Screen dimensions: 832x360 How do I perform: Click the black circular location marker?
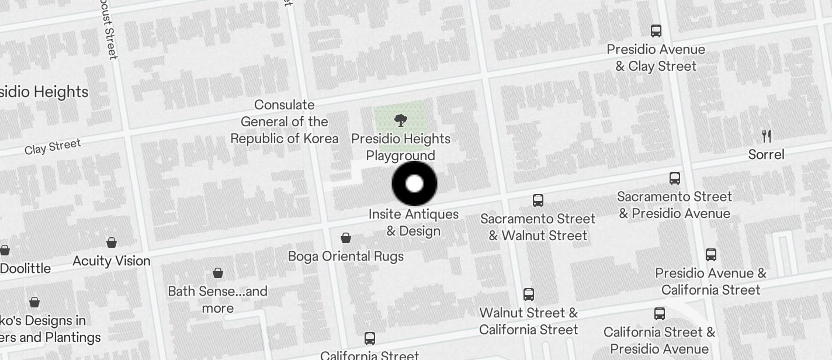(x=414, y=184)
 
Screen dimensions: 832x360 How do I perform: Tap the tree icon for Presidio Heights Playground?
(x=400, y=121)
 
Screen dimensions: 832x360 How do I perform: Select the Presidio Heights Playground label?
(x=401, y=147)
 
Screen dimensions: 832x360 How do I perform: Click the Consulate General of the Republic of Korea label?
(x=285, y=122)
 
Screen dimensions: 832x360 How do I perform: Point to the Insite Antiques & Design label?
(x=414, y=223)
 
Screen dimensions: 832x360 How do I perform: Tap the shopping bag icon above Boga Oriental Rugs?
(x=346, y=238)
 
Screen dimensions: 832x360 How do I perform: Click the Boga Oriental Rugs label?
(x=346, y=256)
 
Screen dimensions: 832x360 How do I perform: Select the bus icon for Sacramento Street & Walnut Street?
(x=538, y=200)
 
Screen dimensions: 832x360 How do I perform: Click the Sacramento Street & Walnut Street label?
(x=538, y=227)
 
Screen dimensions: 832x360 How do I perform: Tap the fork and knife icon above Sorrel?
(x=767, y=136)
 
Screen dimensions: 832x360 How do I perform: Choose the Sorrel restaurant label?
(x=766, y=154)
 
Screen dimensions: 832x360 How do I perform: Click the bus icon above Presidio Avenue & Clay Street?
(x=656, y=31)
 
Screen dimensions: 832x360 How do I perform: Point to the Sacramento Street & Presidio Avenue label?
(x=674, y=205)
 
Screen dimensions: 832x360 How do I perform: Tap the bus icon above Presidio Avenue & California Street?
(x=711, y=255)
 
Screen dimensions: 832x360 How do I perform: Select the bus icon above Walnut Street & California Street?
(x=529, y=294)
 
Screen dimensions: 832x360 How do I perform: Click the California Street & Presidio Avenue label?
(x=659, y=340)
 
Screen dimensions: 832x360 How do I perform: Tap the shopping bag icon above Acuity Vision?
(x=112, y=243)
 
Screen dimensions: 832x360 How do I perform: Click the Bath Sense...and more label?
(x=217, y=299)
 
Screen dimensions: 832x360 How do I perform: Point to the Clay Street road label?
(x=53, y=147)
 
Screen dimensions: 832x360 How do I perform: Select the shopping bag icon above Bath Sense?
(x=218, y=273)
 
